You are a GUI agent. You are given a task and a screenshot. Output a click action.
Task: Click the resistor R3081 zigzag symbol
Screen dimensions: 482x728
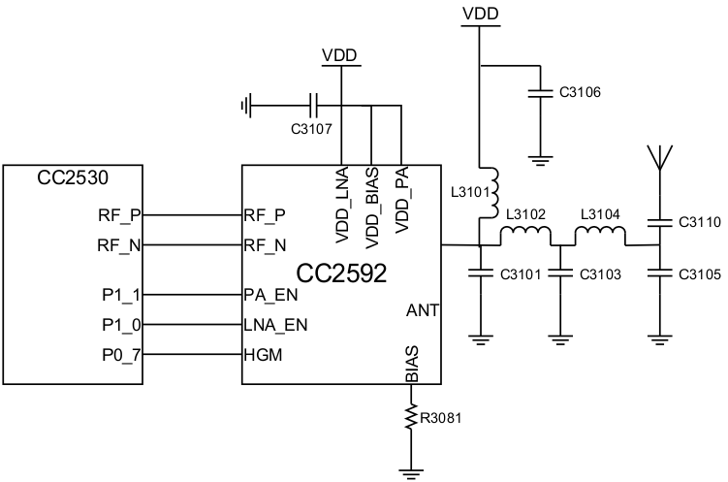tap(411, 419)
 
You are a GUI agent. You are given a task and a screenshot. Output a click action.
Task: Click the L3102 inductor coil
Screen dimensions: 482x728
tap(524, 236)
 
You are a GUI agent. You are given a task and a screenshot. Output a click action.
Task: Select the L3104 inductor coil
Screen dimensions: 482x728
tap(600, 236)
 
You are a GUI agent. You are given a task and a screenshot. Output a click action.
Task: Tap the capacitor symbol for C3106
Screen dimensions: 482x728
tap(535, 94)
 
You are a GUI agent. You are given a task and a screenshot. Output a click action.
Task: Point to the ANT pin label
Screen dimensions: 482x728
tap(423, 310)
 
